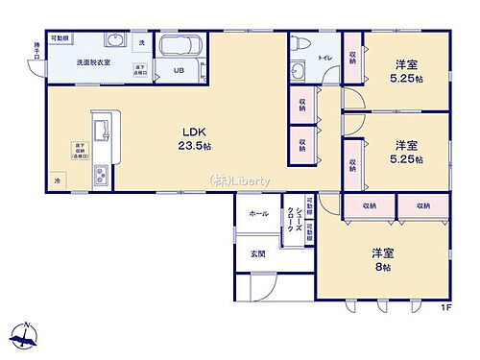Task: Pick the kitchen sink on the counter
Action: point(101,128)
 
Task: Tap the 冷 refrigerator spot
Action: point(59,180)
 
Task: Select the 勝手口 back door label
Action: point(36,48)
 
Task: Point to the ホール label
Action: point(258,214)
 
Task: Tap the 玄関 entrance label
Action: point(258,253)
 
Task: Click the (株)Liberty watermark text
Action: point(240,181)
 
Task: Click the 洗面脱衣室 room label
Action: point(94,62)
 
